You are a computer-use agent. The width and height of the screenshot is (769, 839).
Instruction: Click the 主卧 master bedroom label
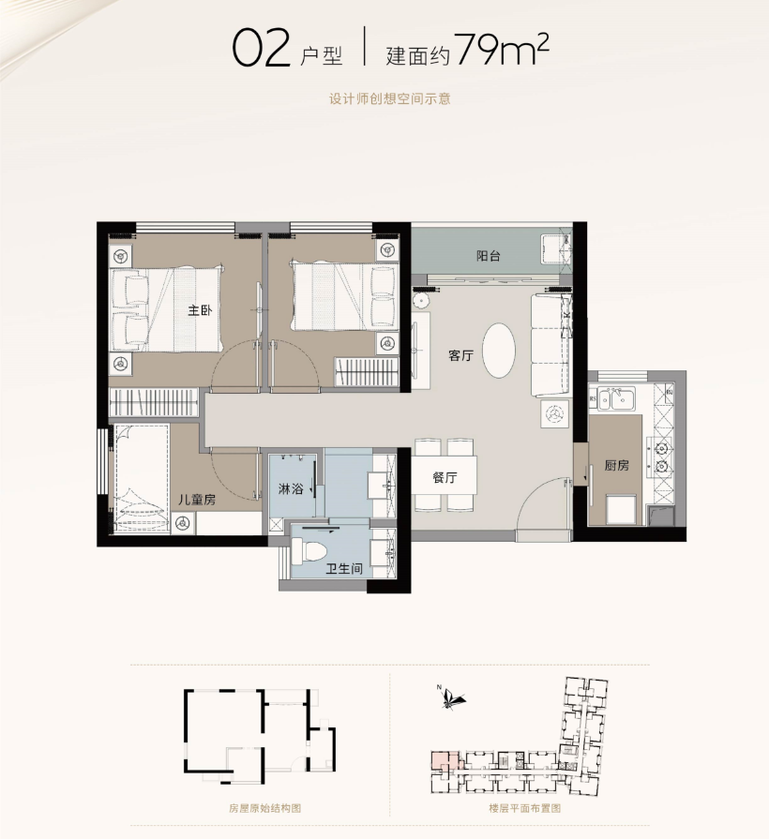point(200,310)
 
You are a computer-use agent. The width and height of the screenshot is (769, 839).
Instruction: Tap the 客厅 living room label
point(460,355)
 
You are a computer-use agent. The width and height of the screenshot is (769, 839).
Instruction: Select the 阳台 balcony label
point(489,256)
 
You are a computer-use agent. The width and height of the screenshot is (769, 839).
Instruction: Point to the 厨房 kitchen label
point(616,466)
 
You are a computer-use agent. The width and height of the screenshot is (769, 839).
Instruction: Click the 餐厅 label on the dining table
point(445,477)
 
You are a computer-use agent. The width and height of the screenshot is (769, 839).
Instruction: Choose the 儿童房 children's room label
point(196,500)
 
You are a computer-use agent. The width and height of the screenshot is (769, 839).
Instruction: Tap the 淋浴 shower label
point(291,488)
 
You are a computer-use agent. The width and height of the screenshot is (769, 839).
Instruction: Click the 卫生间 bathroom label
point(344,568)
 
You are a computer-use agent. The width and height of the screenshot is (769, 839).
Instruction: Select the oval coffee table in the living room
point(499,351)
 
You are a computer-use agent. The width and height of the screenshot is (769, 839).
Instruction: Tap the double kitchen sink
point(616,398)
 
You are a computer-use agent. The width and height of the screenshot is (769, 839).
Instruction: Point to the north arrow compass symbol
point(451,697)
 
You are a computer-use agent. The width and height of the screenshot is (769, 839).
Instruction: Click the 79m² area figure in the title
point(502,50)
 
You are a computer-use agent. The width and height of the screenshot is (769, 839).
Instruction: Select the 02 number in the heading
point(261,50)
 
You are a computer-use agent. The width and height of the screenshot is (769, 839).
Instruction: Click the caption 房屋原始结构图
point(264,808)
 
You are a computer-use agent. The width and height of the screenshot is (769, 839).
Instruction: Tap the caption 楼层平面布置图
point(524,808)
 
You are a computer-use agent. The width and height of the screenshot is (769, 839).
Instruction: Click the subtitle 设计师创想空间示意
point(389,99)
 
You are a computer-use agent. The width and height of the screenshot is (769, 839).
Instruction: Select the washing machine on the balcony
point(555,248)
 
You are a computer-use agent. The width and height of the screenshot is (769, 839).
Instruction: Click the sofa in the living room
point(549,346)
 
